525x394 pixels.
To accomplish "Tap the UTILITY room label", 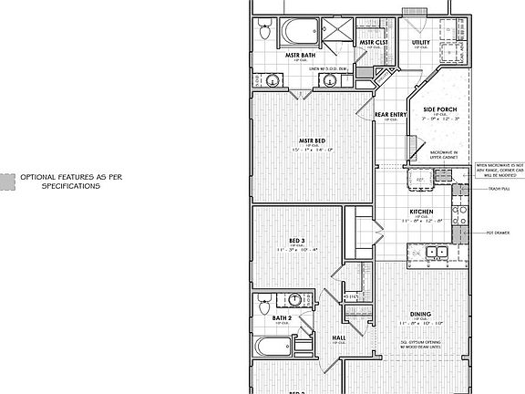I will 420,42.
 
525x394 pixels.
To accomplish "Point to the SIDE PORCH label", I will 439,109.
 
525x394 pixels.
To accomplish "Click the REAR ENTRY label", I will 389,114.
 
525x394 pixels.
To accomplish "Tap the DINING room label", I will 420,313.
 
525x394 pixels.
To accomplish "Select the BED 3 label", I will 296,240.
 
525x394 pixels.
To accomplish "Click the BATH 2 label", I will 282,317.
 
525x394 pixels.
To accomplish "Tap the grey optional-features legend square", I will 7,181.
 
